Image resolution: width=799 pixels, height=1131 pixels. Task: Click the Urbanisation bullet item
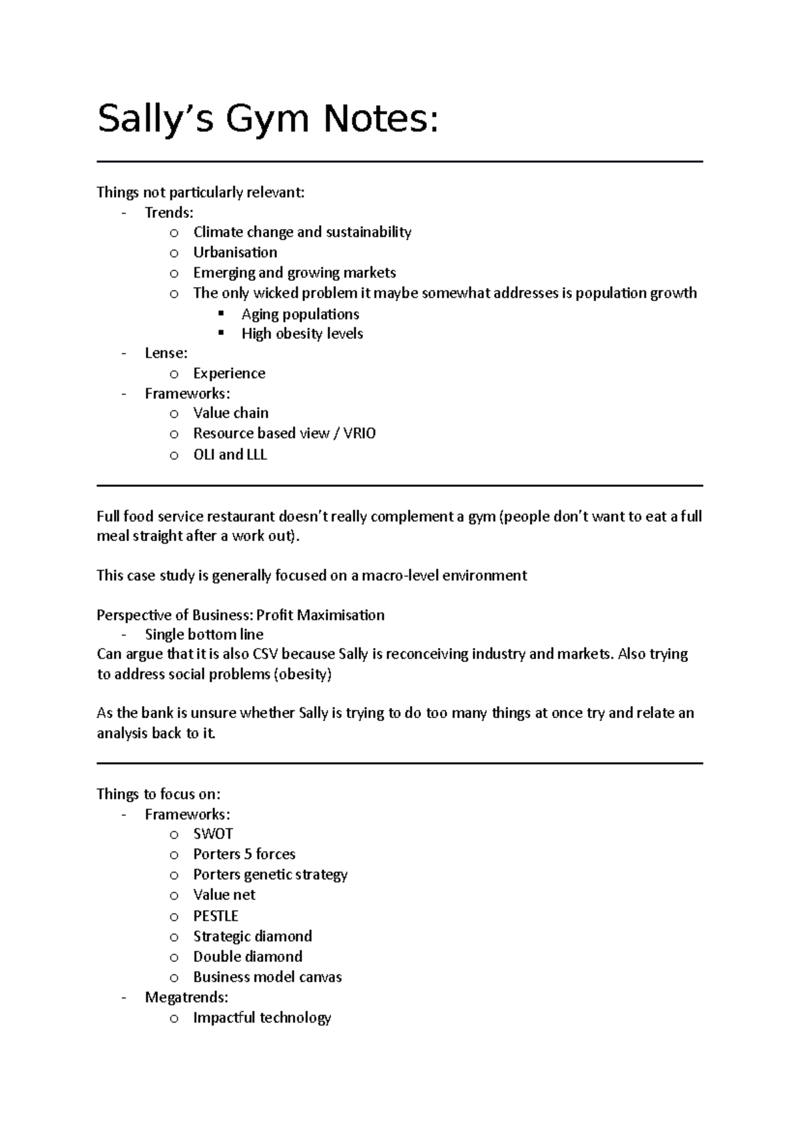click(235, 252)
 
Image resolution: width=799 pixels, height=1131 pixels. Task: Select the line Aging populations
click(300, 314)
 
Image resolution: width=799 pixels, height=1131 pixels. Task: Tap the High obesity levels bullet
click(302, 334)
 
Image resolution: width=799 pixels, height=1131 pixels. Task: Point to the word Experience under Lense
click(229, 374)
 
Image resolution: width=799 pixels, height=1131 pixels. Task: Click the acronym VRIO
click(361, 434)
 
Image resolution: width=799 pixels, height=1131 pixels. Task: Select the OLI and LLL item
click(230, 455)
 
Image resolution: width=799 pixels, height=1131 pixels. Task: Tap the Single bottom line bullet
click(204, 635)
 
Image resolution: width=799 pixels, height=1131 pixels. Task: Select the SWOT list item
click(213, 834)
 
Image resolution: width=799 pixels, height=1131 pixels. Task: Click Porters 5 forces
click(244, 854)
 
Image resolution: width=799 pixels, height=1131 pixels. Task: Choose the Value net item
click(224, 895)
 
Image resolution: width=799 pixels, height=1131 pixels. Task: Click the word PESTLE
click(216, 916)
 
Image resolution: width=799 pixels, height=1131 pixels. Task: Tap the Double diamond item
click(248, 956)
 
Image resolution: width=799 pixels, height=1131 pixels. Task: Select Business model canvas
click(267, 977)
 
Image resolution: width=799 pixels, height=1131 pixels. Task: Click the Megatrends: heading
click(186, 997)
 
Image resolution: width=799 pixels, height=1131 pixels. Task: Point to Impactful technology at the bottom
click(262, 1018)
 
